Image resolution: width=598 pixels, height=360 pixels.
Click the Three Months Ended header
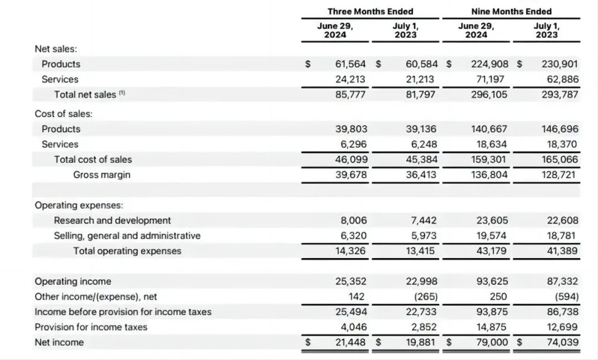coord(378,11)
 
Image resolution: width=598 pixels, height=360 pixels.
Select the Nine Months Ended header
coord(511,11)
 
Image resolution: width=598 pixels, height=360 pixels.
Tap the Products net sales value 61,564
coord(351,64)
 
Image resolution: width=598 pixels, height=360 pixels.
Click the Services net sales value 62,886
coord(560,79)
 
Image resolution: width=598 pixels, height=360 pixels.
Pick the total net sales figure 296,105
coord(489,95)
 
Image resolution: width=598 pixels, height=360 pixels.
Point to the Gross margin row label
coord(102,175)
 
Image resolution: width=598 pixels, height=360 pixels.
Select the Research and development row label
coord(112,220)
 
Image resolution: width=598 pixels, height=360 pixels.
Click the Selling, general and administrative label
coord(127,236)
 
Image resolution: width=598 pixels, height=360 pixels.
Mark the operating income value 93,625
coord(492,281)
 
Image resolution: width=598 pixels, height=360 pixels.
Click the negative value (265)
coord(424,297)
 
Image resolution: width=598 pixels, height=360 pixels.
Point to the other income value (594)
coord(565,297)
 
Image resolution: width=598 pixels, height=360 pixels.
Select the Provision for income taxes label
coord(91,327)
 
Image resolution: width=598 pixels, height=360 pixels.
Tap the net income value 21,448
coord(351,342)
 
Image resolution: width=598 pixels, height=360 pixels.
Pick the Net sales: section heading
coord(56,49)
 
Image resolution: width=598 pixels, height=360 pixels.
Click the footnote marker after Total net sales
coord(122,93)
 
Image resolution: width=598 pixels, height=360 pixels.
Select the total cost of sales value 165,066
coord(560,160)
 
